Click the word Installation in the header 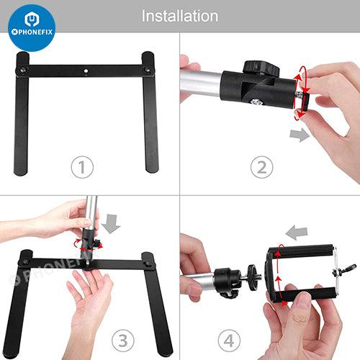point(180,16)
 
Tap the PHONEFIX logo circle point(32,28)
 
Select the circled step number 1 point(82,167)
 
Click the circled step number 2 point(261,167)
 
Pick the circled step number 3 point(123,341)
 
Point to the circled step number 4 point(229,341)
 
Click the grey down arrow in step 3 point(111,224)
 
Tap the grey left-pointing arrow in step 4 point(297,233)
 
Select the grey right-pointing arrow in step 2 point(300,135)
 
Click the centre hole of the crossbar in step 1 point(86,71)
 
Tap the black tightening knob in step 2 point(261,68)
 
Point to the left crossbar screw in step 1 point(23,70)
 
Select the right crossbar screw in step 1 point(148,70)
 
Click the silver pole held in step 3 point(91,213)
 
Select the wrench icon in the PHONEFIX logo point(32,19)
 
